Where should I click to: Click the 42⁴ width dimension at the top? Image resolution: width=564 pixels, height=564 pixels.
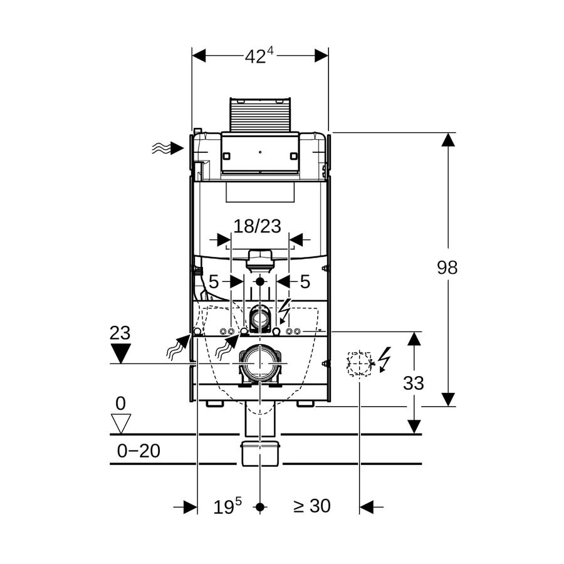click(259, 56)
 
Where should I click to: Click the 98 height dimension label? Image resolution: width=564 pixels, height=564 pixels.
click(447, 268)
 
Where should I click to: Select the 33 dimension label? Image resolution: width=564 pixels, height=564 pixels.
click(414, 384)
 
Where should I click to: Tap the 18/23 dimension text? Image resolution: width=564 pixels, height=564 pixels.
click(257, 227)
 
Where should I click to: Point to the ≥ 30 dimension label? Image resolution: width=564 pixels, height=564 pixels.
click(312, 506)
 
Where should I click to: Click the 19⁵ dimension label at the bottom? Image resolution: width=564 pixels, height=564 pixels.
click(227, 506)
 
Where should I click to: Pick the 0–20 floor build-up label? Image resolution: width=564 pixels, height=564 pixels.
click(138, 451)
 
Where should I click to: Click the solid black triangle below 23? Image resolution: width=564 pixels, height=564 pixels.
click(120, 353)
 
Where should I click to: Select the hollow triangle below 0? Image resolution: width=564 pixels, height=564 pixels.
click(120, 424)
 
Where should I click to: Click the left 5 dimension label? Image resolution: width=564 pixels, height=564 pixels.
click(214, 281)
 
